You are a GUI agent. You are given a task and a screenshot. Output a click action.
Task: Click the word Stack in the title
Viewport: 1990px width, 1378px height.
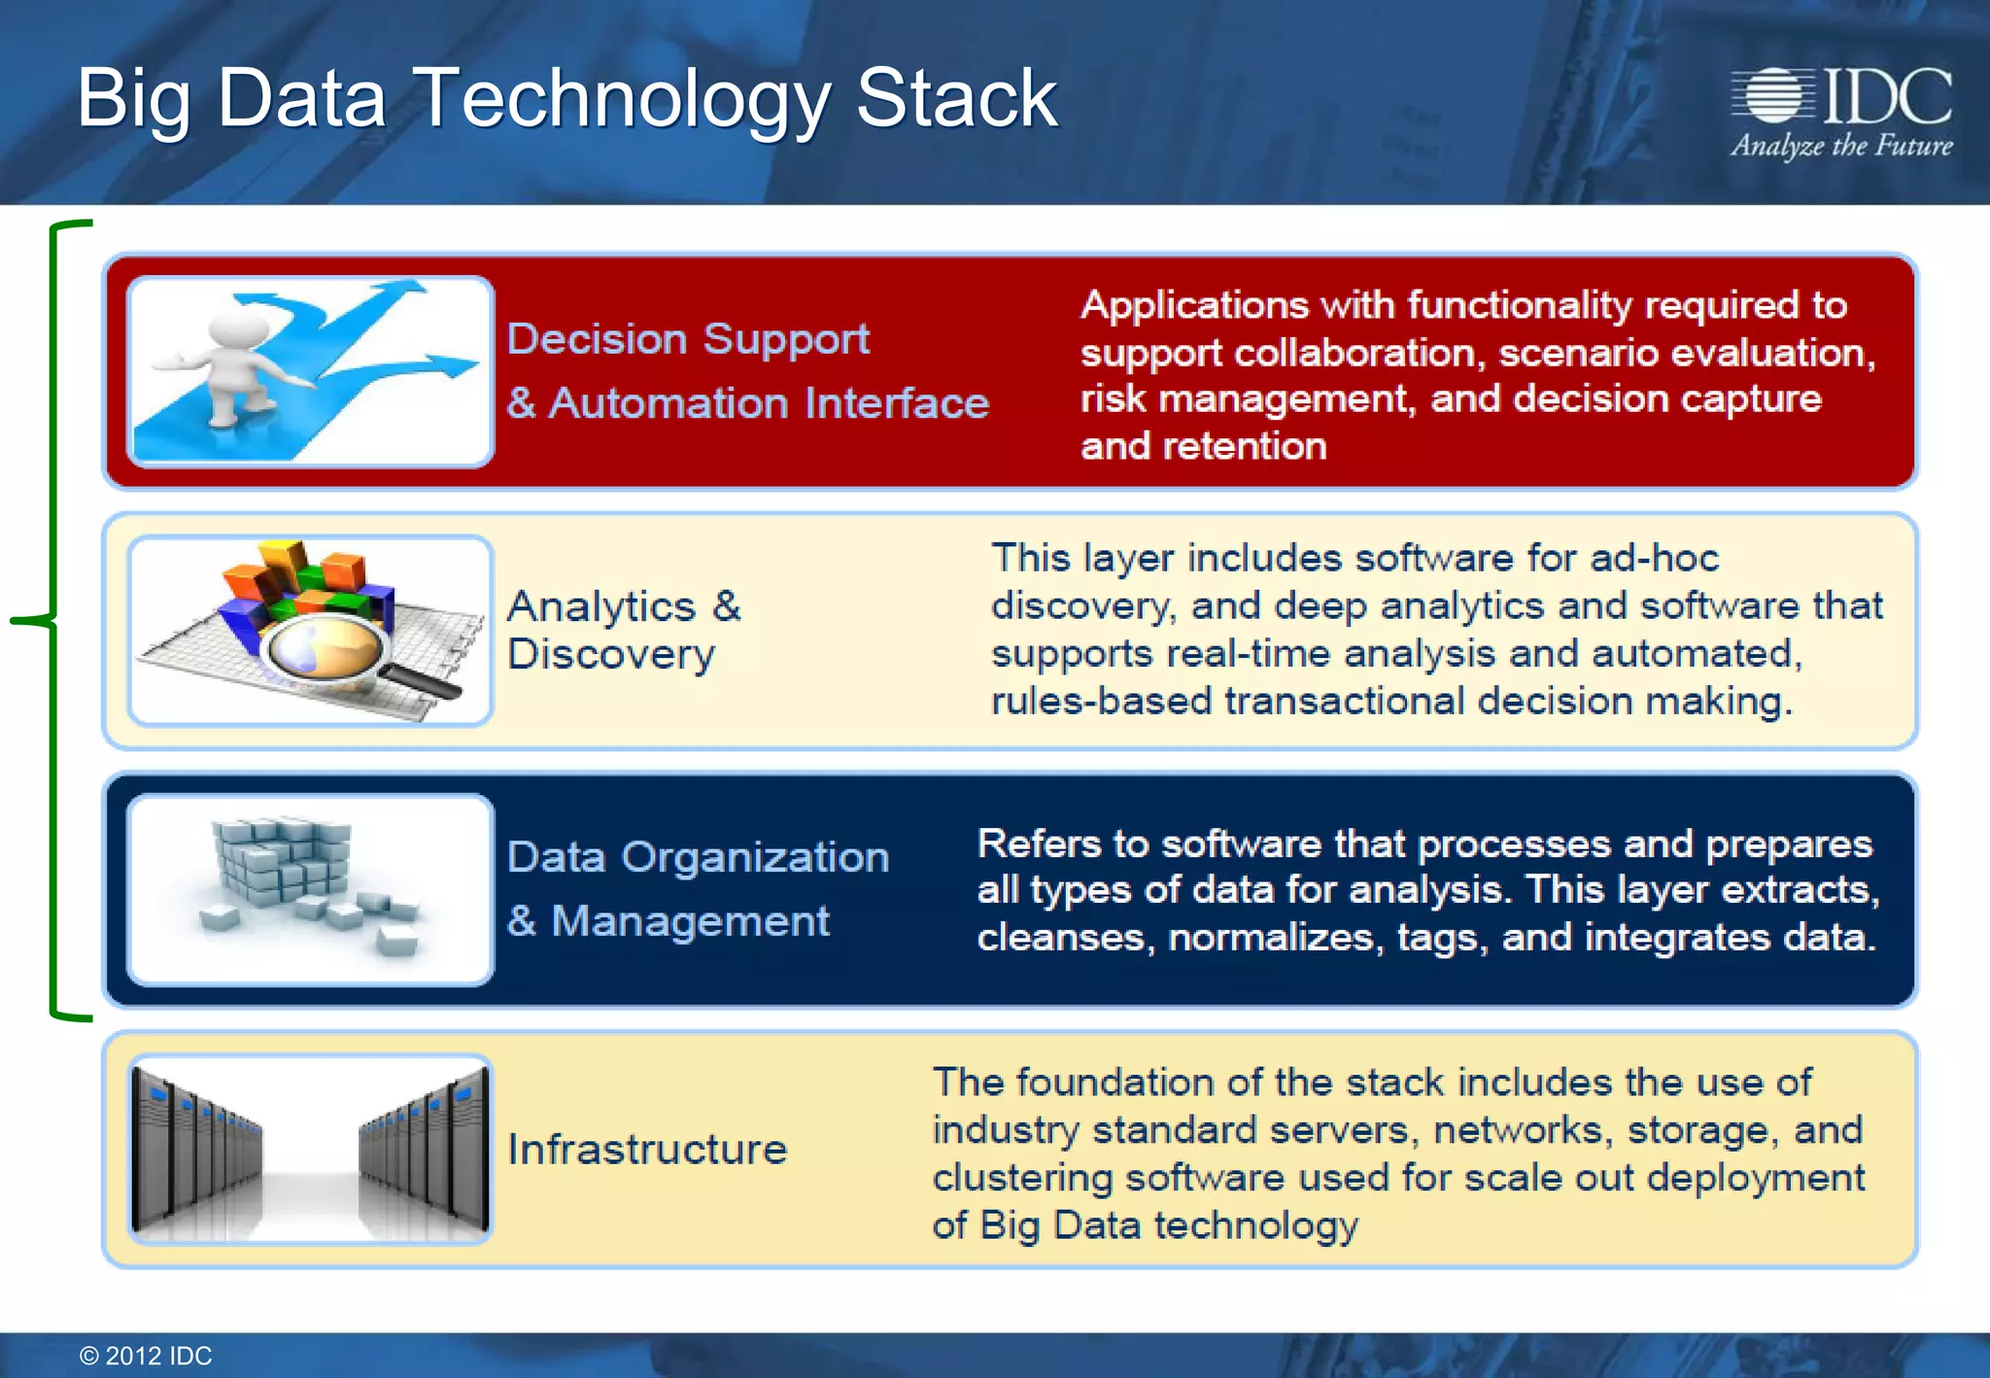point(956,98)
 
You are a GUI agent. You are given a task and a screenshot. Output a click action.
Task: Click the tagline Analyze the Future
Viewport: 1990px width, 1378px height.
point(1841,146)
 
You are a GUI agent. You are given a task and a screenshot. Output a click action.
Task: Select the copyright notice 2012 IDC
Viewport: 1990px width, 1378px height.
point(146,1356)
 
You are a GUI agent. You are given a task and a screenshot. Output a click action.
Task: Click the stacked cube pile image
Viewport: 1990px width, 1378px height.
point(282,860)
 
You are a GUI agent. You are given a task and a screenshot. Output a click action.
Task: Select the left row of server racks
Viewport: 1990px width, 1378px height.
point(194,1152)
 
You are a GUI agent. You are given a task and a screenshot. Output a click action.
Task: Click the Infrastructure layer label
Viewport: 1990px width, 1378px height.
point(647,1150)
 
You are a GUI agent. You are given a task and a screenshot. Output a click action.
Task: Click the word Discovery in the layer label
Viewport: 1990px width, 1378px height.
point(611,654)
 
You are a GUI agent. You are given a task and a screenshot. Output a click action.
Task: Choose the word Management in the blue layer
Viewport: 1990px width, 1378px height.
point(690,920)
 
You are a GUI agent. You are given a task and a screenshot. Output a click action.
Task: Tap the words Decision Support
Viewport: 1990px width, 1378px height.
point(688,339)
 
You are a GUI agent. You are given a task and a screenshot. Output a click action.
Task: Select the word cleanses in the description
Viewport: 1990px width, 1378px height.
point(1060,937)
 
